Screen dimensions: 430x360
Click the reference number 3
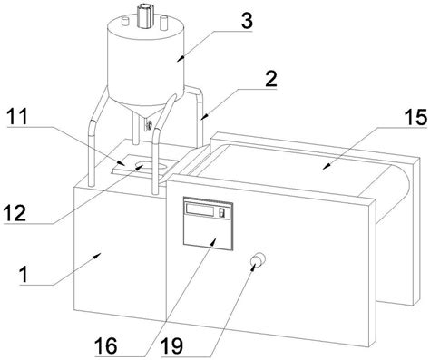point(247,21)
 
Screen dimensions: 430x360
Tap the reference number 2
point(270,79)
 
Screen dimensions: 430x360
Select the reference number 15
point(415,117)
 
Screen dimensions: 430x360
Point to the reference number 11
point(17,117)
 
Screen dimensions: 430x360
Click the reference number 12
point(15,213)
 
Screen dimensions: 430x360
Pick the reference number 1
point(24,275)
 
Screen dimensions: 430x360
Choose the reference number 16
point(105,345)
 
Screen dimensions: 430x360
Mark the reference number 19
point(171,345)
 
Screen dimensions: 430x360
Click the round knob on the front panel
point(259,259)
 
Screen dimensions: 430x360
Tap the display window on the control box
point(200,209)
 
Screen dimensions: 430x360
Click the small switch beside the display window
point(222,212)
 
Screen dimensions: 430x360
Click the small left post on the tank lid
point(125,21)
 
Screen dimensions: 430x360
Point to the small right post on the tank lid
point(163,23)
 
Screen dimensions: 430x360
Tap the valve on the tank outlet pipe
point(148,125)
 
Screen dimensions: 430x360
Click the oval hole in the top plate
point(151,167)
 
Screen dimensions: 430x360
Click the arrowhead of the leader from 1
point(97,256)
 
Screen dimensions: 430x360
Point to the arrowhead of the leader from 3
point(181,58)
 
